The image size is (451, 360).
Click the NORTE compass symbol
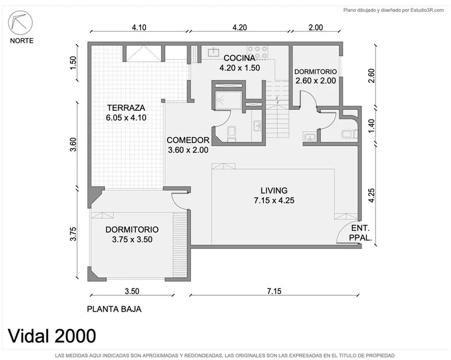[20, 23]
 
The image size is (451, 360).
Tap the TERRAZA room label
[126, 108]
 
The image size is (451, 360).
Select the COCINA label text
[240, 58]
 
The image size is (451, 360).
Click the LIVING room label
[274, 190]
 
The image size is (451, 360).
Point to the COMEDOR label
[188, 140]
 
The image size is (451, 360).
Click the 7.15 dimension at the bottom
[274, 291]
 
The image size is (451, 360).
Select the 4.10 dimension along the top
[139, 27]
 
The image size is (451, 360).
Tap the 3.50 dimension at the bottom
[132, 291]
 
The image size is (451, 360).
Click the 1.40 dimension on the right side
[372, 126]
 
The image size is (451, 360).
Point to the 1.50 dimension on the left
[73, 63]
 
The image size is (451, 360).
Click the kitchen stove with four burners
[257, 52]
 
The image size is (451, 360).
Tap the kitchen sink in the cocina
[213, 51]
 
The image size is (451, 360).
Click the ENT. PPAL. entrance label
[360, 233]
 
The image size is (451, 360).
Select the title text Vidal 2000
[52, 336]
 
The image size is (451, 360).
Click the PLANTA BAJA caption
[114, 309]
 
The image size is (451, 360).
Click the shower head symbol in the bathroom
[220, 100]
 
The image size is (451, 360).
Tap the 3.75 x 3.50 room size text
[132, 239]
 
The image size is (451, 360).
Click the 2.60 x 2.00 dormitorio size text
[316, 81]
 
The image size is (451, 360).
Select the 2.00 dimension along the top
[316, 27]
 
